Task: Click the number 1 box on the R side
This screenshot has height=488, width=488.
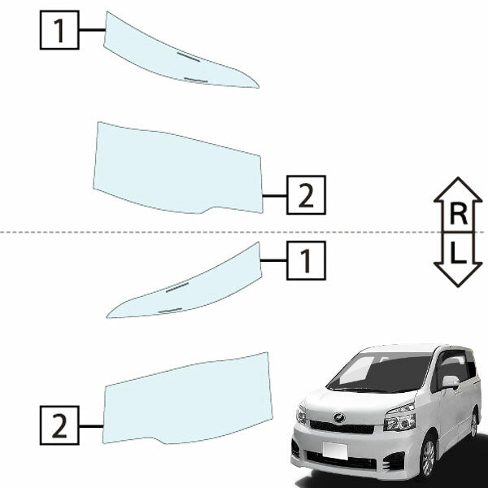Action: click(59, 30)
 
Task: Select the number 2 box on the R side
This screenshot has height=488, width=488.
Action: click(307, 195)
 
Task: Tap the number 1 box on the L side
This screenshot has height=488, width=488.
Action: click(307, 260)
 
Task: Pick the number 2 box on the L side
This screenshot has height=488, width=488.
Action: click(59, 425)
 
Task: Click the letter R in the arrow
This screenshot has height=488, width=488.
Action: click(459, 215)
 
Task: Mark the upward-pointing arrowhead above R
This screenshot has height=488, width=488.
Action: click(458, 190)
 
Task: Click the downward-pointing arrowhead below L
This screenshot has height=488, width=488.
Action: click(458, 275)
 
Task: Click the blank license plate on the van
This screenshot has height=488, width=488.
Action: click(335, 451)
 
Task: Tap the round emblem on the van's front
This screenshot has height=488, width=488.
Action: click(339, 417)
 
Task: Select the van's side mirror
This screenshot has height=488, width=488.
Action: click(451, 382)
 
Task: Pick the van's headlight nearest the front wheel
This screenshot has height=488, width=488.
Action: click(400, 418)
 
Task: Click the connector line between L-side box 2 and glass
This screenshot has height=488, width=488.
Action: click(91, 425)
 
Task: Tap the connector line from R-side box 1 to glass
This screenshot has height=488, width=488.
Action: click(93, 30)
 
